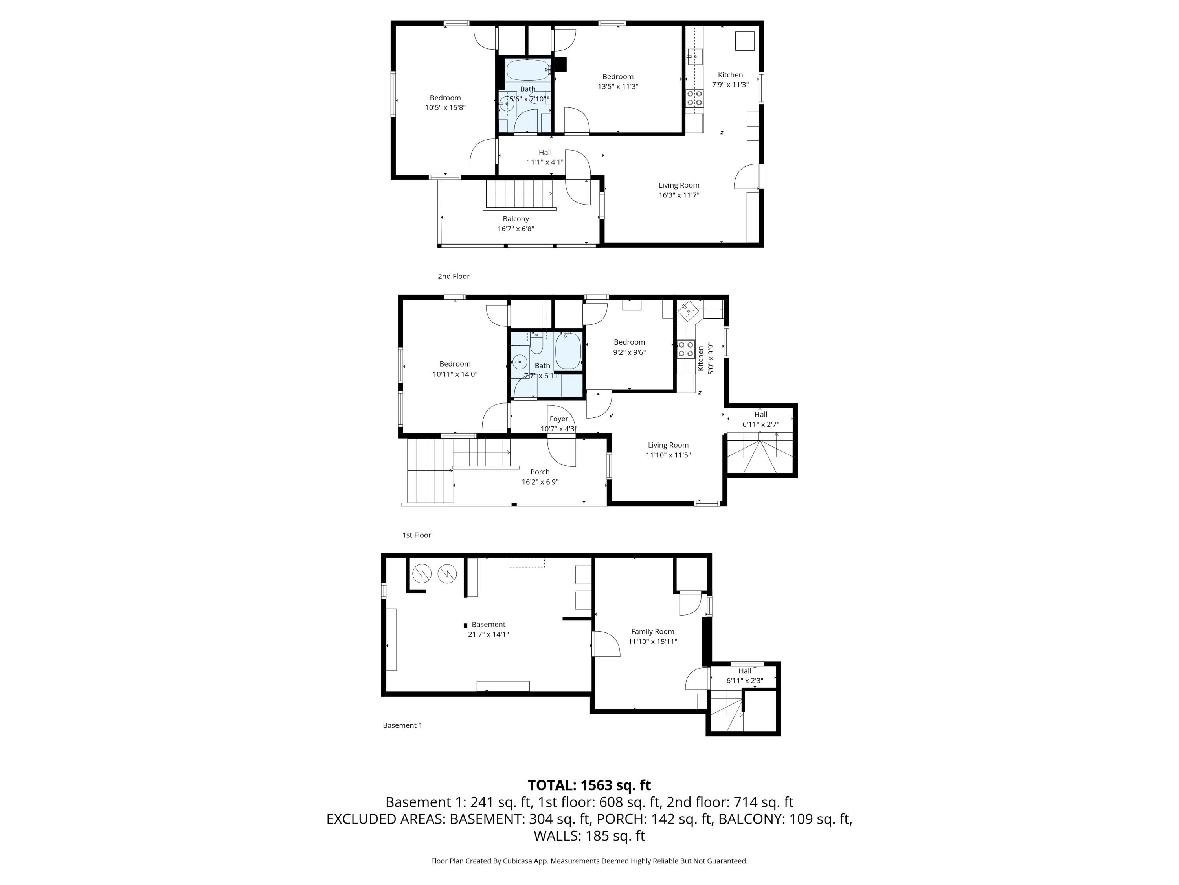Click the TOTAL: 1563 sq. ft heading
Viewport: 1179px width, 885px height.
click(x=589, y=785)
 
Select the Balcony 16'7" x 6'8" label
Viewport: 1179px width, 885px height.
click(x=515, y=223)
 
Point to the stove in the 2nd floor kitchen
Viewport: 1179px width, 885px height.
click(x=694, y=98)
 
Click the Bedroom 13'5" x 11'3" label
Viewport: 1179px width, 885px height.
click(x=618, y=81)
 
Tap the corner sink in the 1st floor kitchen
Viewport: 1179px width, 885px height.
click(x=689, y=310)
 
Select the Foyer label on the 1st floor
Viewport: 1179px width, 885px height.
click(x=558, y=419)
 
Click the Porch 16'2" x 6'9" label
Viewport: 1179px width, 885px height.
click(x=540, y=476)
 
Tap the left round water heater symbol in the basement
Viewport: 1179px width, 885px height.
click(x=422, y=573)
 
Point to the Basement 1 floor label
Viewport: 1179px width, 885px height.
click(x=402, y=725)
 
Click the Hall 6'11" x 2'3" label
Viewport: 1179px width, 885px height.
click(x=745, y=676)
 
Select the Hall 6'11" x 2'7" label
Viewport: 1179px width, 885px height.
click(x=760, y=419)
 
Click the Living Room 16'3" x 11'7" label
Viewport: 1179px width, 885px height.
click(x=678, y=190)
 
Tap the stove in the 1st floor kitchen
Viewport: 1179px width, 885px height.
click(x=685, y=349)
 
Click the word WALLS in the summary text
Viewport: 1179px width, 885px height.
click(x=557, y=836)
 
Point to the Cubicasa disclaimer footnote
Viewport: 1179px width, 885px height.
click(x=589, y=861)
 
